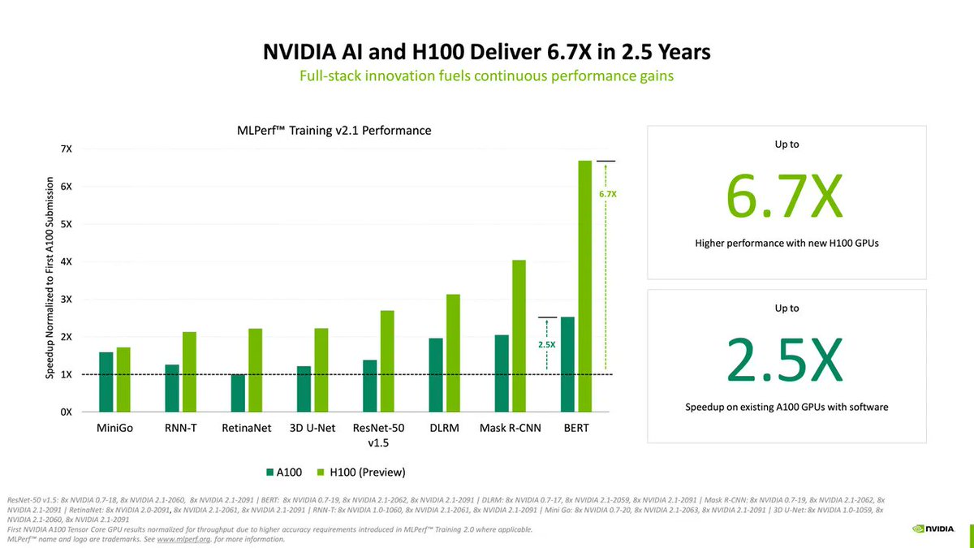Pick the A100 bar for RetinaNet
coord(238,393)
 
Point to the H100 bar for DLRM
coord(453,352)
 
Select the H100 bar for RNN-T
coord(189,371)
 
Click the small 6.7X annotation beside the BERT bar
coord(609,195)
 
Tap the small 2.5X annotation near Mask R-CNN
coord(548,345)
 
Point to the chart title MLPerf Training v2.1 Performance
coord(328,130)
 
